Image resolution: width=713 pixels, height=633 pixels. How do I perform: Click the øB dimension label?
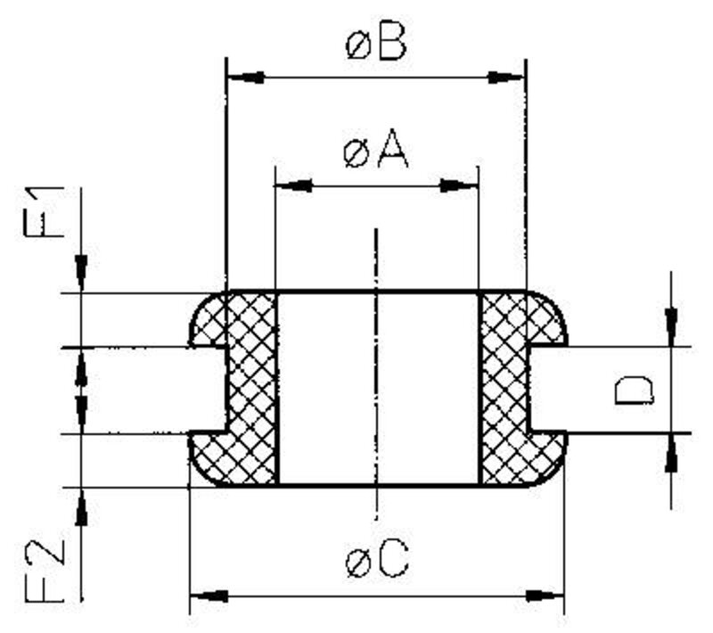coord(375,44)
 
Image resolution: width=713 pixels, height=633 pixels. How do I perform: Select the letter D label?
coord(634,390)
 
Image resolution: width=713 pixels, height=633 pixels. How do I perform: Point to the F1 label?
coord(44,212)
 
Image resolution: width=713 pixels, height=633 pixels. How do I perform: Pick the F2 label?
coord(44,571)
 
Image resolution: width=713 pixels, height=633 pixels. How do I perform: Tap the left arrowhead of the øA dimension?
coord(294,185)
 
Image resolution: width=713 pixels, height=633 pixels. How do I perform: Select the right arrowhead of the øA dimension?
coord(459,185)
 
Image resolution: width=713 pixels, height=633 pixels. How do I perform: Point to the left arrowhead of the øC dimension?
coord(209,596)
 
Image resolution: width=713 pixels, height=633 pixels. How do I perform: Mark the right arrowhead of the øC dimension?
coord(545,596)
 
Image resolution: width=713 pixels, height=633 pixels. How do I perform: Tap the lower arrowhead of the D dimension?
coord(671,453)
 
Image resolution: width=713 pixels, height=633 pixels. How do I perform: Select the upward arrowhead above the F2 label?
coord(81,507)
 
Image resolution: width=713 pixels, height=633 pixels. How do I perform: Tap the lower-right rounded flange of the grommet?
coord(546,457)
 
